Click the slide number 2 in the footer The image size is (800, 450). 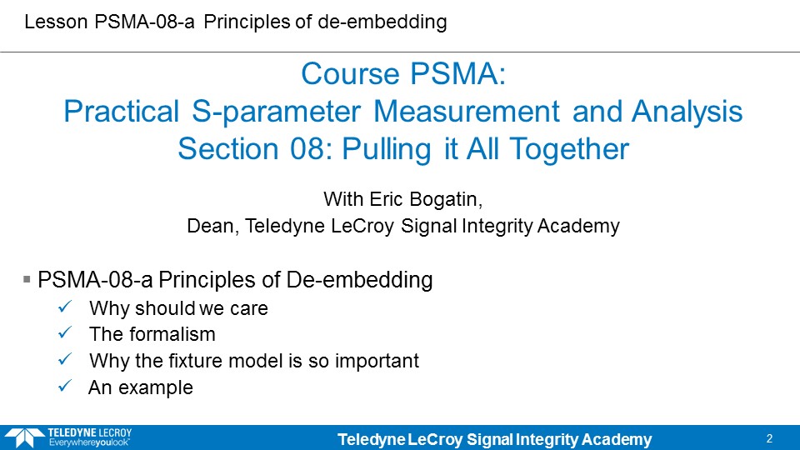coord(769,438)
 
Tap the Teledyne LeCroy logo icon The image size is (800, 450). coord(24,438)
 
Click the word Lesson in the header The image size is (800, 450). coord(56,22)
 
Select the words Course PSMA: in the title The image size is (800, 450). coord(403,74)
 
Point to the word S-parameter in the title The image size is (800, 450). coord(276,112)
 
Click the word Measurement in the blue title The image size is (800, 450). coord(467,111)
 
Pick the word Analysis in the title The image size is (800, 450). coord(687,112)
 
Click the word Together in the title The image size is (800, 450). coord(569,149)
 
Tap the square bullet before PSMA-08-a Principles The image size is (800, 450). coord(27,279)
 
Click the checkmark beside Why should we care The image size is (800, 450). coord(65,307)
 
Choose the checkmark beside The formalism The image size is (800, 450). coord(65,333)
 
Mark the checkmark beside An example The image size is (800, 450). coord(65,386)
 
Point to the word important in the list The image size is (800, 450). coord(377,361)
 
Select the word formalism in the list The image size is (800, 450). coord(172,334)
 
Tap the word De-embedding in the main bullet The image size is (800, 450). coord(360,280)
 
